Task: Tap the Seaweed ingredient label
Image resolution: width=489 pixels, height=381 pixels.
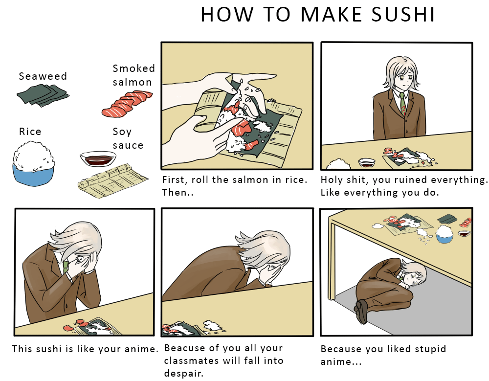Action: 43,76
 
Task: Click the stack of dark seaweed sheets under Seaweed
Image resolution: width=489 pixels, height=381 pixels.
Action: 43,94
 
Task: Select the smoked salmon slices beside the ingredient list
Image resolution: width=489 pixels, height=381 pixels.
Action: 127,104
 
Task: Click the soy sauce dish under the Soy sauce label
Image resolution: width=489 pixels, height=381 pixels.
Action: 98,158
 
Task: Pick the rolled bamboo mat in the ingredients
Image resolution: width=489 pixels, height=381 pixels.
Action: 112,181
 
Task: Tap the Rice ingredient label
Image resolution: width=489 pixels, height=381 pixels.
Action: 30,132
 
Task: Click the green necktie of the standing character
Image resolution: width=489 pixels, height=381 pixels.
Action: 403,104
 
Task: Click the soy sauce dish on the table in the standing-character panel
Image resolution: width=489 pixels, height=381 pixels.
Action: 367,162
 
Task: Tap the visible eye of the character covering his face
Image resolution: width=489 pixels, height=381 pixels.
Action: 80,259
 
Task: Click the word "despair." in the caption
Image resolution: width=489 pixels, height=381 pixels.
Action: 184,373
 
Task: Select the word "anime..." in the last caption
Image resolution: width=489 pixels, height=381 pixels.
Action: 341,362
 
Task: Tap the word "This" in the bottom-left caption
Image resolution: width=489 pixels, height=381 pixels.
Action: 22,349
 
